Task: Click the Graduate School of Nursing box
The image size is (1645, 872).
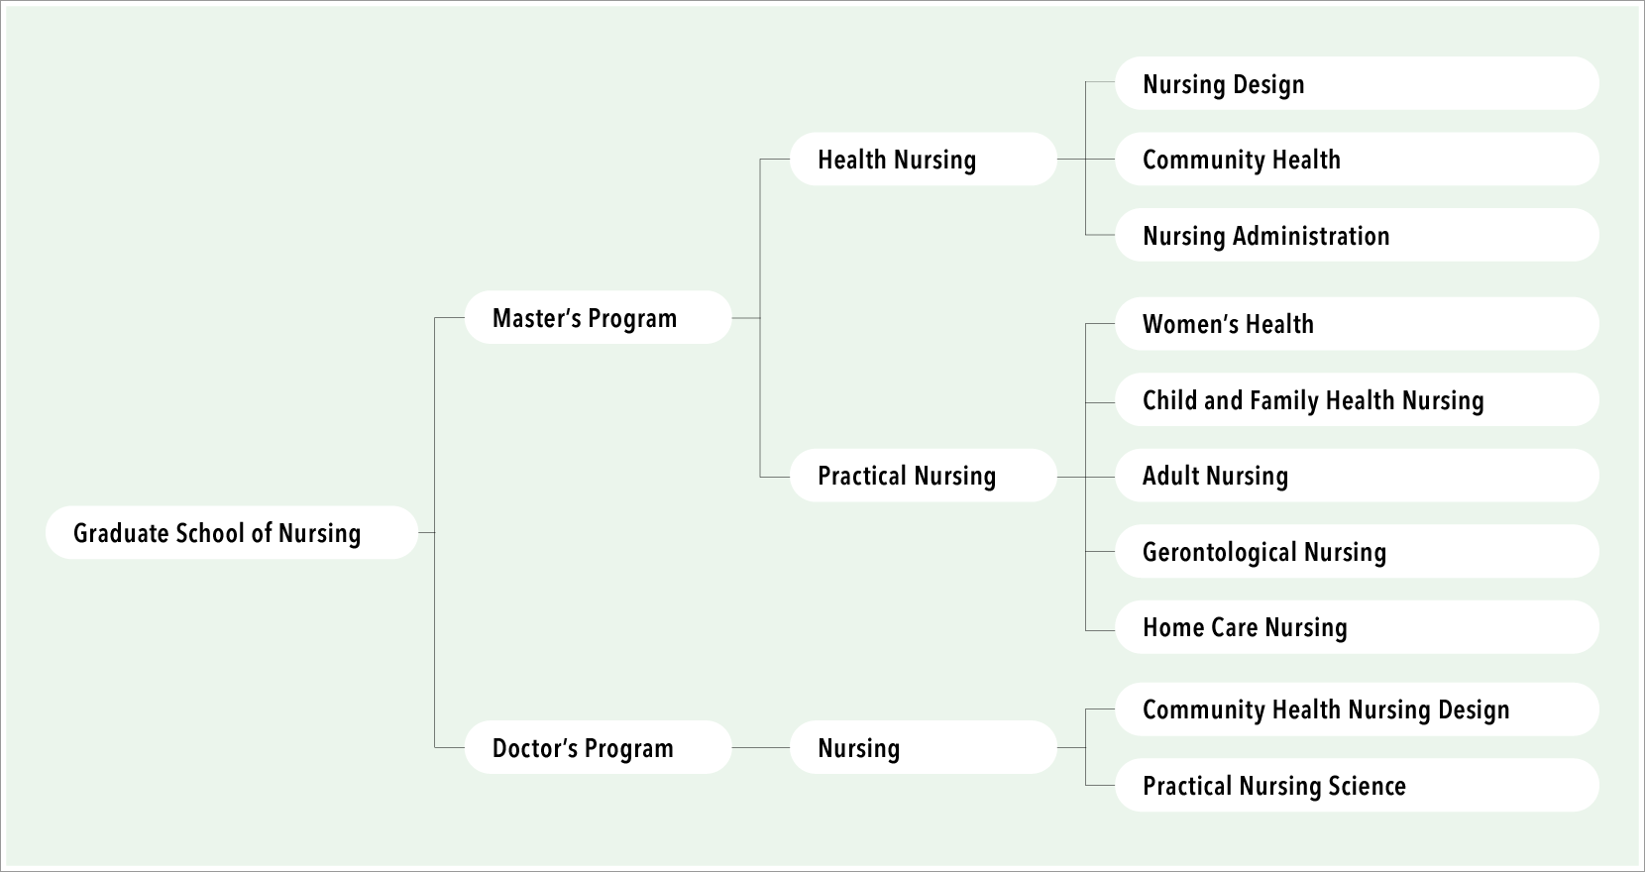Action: (x=232, y=532)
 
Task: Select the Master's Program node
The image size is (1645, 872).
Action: (x=598, y=317)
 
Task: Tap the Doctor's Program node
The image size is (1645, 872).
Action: (x=598, y=747)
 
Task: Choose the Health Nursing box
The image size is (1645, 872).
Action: (x=924, y=159)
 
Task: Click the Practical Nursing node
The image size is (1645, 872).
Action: (x=924, y=476)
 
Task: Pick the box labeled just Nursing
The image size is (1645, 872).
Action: (x=924, y=747)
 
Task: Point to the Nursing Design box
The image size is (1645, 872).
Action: (x=1358, y=83)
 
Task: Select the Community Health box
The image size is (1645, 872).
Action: (x=1358, y=159)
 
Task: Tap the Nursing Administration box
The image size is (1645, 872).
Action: (x=1358, y=235)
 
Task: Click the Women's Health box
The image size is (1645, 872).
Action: (x=1358, y=323)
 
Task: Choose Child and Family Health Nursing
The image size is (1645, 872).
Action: (x=1358, y=399)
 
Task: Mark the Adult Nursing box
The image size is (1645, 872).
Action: (x=1358, y=476)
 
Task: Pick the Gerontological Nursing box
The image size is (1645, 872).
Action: (x=1358, y=551)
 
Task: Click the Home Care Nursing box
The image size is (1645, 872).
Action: (x=1358, y=627)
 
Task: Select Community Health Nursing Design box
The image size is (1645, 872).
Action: (x=1358, y=709)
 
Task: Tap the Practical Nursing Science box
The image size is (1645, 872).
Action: (x=1358, y=786)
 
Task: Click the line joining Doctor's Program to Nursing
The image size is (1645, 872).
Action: (x=761, y=748)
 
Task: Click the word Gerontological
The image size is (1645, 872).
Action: (x=1219, y=553)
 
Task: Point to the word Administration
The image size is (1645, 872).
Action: (x=1311, y=236)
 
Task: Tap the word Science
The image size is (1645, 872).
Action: (x=1369, y=786)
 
